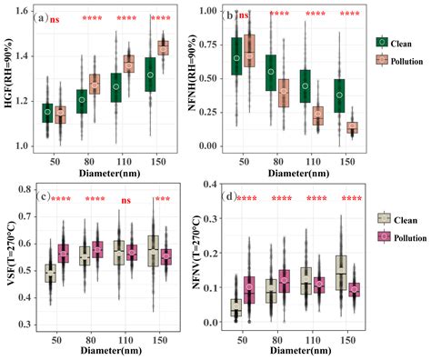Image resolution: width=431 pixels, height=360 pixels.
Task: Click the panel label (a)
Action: (40, 17)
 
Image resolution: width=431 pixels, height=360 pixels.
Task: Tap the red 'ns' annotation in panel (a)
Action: (55, 18)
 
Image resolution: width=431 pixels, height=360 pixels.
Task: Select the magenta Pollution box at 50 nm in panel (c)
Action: (62, 253)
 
